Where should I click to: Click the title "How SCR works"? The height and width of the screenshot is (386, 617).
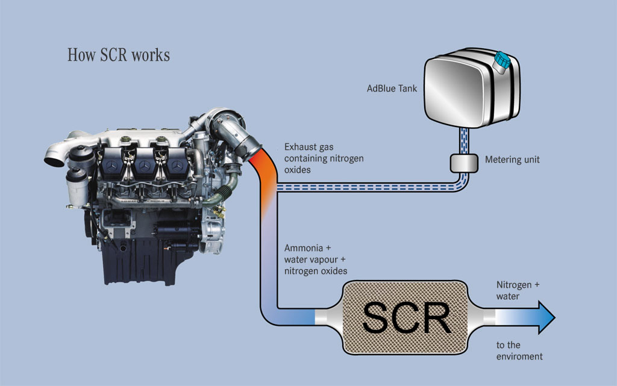118,55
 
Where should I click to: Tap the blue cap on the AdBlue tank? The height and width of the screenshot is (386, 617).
501,60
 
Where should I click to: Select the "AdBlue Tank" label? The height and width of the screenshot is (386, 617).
392,89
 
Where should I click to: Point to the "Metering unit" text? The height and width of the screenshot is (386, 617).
512,160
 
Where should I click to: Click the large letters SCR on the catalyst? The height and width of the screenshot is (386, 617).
407,317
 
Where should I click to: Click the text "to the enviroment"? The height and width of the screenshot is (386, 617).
519,350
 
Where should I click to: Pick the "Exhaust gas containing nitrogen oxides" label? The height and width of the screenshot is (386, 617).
324,158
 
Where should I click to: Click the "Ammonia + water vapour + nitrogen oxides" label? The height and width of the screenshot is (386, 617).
315,260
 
